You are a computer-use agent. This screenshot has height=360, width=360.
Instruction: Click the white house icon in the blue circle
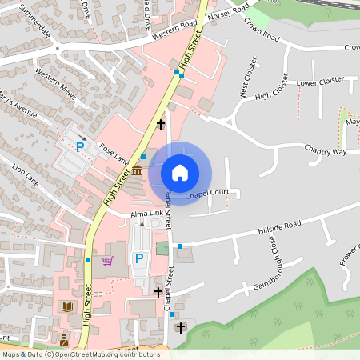[x=180, y=173]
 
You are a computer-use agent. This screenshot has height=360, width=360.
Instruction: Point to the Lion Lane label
[x=25, y=175]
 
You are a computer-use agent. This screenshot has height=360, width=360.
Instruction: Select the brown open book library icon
[x=66, y=306]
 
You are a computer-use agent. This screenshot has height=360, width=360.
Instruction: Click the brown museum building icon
[x=137, y=172]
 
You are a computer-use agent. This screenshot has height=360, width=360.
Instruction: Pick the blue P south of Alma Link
[x=139, y=258]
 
